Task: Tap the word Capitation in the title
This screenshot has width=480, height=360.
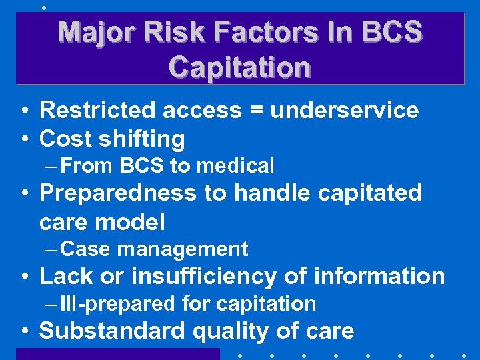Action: [239, 67]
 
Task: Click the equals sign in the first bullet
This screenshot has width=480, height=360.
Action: [254, 111]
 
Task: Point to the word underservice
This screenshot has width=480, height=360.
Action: [344, 111]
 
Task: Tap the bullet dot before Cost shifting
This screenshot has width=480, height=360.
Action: [23, 140]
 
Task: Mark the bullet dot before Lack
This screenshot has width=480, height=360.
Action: [23, 277]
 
